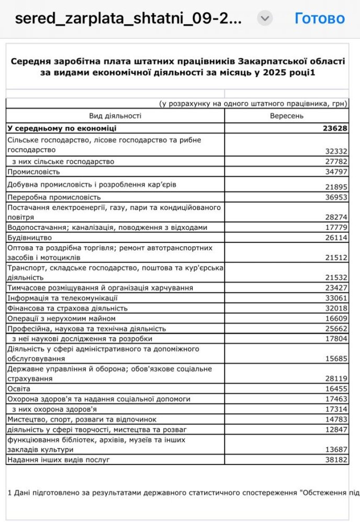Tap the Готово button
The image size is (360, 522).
319,18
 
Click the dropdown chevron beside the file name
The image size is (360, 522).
265,19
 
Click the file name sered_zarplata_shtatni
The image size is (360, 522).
128,19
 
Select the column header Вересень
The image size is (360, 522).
286,116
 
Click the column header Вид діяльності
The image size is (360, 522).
115,116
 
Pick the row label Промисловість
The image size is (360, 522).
34,171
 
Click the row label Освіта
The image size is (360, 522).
19,388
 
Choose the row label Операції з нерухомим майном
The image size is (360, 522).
61,318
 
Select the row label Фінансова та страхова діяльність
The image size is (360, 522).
67,308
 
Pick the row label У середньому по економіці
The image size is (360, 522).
62,128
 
